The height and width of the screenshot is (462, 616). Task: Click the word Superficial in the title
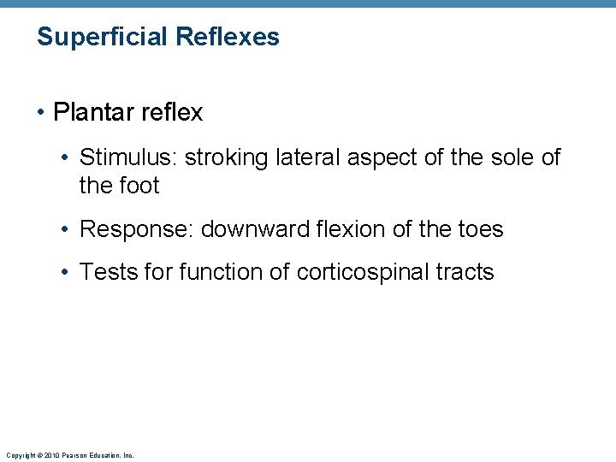[x=103, y=38]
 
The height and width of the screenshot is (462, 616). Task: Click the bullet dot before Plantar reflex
[x=42, y=112]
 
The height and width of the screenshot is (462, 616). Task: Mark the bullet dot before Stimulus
[x=68, y=158]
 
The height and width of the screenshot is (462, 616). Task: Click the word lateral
[x=293, y=157]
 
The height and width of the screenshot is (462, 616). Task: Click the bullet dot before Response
[x=68, y=230]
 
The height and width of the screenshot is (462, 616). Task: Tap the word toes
[x=480, y=229]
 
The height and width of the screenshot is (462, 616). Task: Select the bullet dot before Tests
[x=68, y=273]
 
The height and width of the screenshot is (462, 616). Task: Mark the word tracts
[x=465, y=272]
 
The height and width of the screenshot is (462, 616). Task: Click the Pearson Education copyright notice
[x=69, y=455]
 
